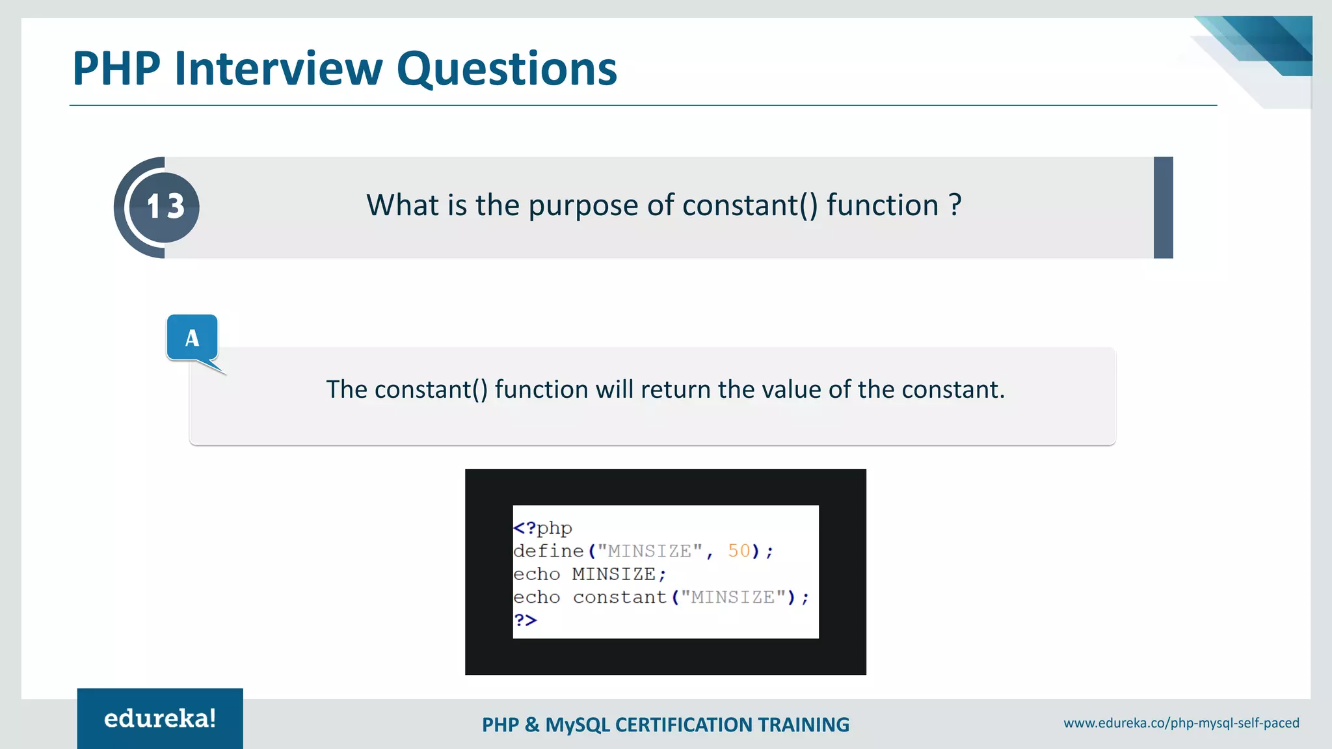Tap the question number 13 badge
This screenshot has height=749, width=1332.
(x=165, y=207)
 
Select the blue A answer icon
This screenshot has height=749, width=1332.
(x=192, y=337)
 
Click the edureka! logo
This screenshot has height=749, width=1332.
(x=160, y=718)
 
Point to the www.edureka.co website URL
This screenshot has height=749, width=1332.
(x=1181, y=723)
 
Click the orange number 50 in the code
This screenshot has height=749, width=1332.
(x=739, y=551)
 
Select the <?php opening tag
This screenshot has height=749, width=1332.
(x=542, y=528)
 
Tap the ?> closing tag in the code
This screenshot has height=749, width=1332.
(x=526, y=620)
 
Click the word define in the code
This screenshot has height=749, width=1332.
(x=548, y=551)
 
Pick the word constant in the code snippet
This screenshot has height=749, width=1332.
(x=620, y=597)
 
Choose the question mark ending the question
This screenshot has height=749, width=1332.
(x=955, y=205)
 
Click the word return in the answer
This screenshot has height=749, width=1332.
(x=676, y=389)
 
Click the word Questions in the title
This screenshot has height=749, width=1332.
(x=507, y=69)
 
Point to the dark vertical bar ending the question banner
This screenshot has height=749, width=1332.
(x=1163, y=207)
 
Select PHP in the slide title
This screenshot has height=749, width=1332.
(x=116, y=69)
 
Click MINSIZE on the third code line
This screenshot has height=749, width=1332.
(x=613, y=574)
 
